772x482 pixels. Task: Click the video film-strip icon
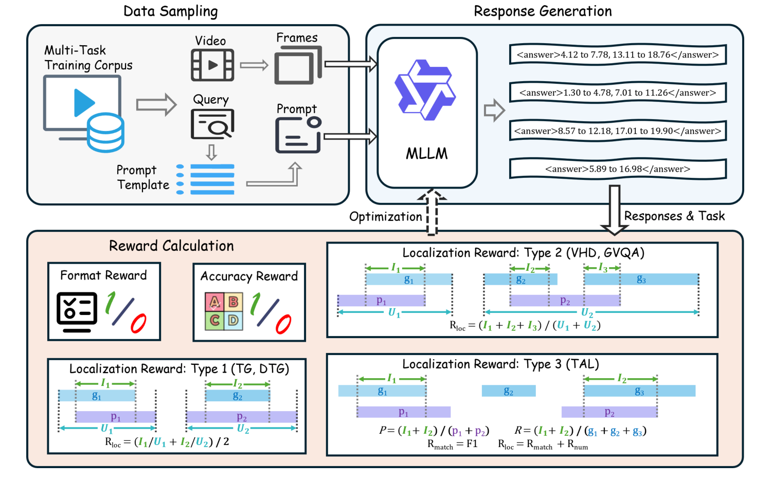coord(212,65)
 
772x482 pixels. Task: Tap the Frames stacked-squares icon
coord(297,65)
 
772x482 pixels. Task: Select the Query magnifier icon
coord(212,124)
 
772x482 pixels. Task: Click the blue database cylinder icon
coord(105,133)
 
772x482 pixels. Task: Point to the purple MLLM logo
coord(425,90)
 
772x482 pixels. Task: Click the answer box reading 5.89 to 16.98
coord(617,169)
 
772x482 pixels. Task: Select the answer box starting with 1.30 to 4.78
coord(617,93)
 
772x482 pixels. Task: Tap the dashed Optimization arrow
coord(432,213)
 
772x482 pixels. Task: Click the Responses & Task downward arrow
coord(614,211)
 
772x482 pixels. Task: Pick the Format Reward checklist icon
coord(77,311)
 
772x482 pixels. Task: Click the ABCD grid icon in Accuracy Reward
coord(224,311)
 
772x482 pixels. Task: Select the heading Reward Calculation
coord(171,246)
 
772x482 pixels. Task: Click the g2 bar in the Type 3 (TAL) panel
coord(509,392)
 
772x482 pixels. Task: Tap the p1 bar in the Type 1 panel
coord(116,417)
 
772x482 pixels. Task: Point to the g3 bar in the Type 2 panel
coord(641,280)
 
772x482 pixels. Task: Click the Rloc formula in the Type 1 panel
coord(167,442)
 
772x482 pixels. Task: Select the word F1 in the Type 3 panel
coord(472,443)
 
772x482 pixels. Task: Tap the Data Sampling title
coord(170,11)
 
